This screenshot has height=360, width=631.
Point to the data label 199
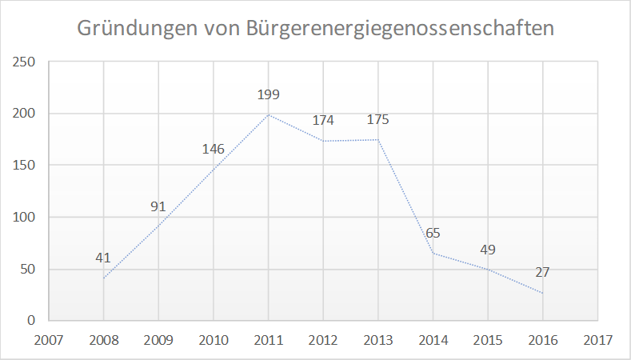268,95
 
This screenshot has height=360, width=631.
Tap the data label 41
103,258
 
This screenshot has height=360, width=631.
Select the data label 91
158,207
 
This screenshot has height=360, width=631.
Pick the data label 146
213,149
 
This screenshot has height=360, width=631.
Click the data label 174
323,121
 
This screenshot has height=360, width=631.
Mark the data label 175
378,120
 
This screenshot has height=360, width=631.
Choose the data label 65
433,234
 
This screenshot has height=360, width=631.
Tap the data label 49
488,250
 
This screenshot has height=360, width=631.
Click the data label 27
542,272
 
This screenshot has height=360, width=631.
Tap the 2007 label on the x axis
49,339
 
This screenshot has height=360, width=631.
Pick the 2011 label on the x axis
268,339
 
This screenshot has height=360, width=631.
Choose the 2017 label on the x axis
597,339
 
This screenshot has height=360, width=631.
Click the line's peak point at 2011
268,114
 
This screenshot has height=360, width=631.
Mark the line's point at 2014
433,253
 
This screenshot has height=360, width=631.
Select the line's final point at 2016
542,293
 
